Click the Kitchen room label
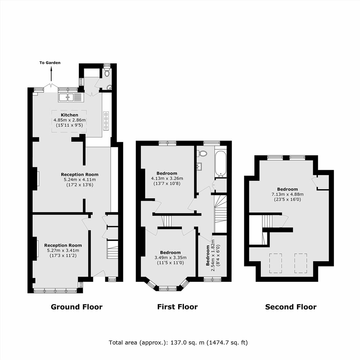coord(69,115)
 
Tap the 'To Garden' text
coord(50,63)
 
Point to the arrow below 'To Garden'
coord(51,74)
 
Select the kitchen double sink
coord(71,97)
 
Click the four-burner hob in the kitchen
coord(106,121)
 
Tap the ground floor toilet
coord(107,73)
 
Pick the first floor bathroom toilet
coord(202,153)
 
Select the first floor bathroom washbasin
coord(199,167)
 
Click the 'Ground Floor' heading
coord(77,307)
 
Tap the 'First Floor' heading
coord(177,307)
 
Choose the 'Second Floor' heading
coord(291,307)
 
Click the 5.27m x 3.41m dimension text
coord(63,250)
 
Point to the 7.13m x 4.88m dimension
coord(288,194)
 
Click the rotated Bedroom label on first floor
coord(208,255)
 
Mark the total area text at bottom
coord(178,342)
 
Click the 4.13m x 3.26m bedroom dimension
coord(167,178)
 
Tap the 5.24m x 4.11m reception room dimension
coord(80,180)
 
